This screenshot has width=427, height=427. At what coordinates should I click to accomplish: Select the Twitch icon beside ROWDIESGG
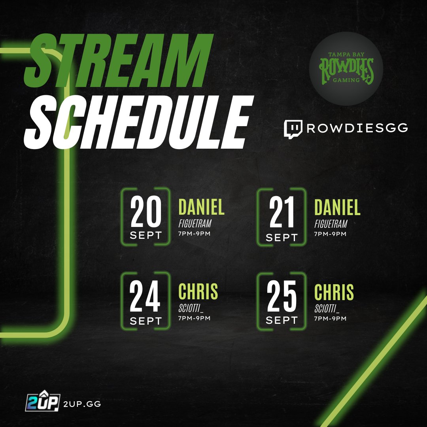(293, 129)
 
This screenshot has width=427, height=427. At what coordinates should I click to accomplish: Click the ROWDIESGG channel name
(357, 128)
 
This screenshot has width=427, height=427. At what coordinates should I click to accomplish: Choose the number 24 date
(145, 297)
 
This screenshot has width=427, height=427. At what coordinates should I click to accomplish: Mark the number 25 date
(282, 297)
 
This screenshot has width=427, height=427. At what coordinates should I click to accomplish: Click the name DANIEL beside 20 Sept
(201, 207)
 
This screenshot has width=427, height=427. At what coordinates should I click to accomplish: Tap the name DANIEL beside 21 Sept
(337, 207)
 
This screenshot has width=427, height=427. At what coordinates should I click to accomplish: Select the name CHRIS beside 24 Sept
(198, 292)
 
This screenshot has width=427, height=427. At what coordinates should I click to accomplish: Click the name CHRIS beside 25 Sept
(334, 292)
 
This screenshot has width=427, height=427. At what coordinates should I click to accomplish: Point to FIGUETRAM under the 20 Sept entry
(195, 224)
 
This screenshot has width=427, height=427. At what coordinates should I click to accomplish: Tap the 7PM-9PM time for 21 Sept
(330, 234)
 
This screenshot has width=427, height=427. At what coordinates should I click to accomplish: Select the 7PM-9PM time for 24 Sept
(194, 318)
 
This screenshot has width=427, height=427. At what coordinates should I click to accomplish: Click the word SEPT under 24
(145, 321)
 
